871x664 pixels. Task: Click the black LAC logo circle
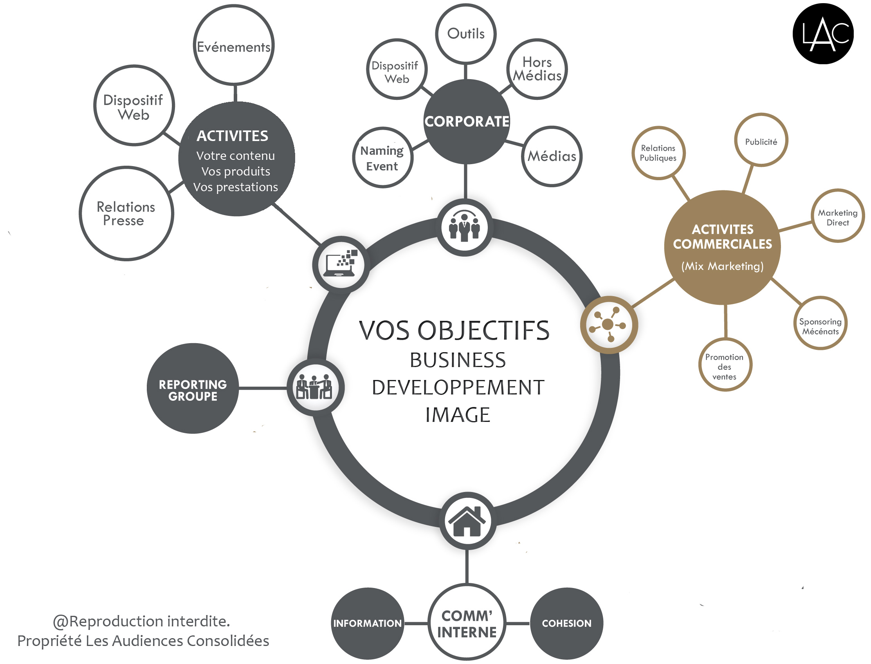pyautogui.click(x=823, y=34)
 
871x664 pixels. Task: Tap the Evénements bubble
pyautogui.click(x=234, y=45)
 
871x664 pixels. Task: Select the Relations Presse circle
pyautogui.click(x=126, y=213)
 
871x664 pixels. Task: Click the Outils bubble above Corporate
pyautogui.click(x=466, y=34)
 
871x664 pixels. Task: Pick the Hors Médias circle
pyautogui.click(x=537, y=69)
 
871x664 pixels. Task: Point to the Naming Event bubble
pyautogui.click(x=382, y=158)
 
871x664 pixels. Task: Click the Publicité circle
pyautogui.click(x=761, y=141)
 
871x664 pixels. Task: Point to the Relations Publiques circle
pyautogui.click(x=658, y=153)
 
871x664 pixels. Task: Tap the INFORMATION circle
pyautogui.click(x=367, y=623)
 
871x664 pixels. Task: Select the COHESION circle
pyautogui.click(x=566, y=623)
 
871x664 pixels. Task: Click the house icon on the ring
pyautogui.click(x=467, y=521)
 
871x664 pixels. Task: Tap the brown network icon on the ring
pyautogui.click(x=609, y=325)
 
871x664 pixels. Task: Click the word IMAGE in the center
pyautogui.click(x=458, y=415)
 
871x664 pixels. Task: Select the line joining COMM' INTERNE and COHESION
pyautogui.click(x=518, y=624)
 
